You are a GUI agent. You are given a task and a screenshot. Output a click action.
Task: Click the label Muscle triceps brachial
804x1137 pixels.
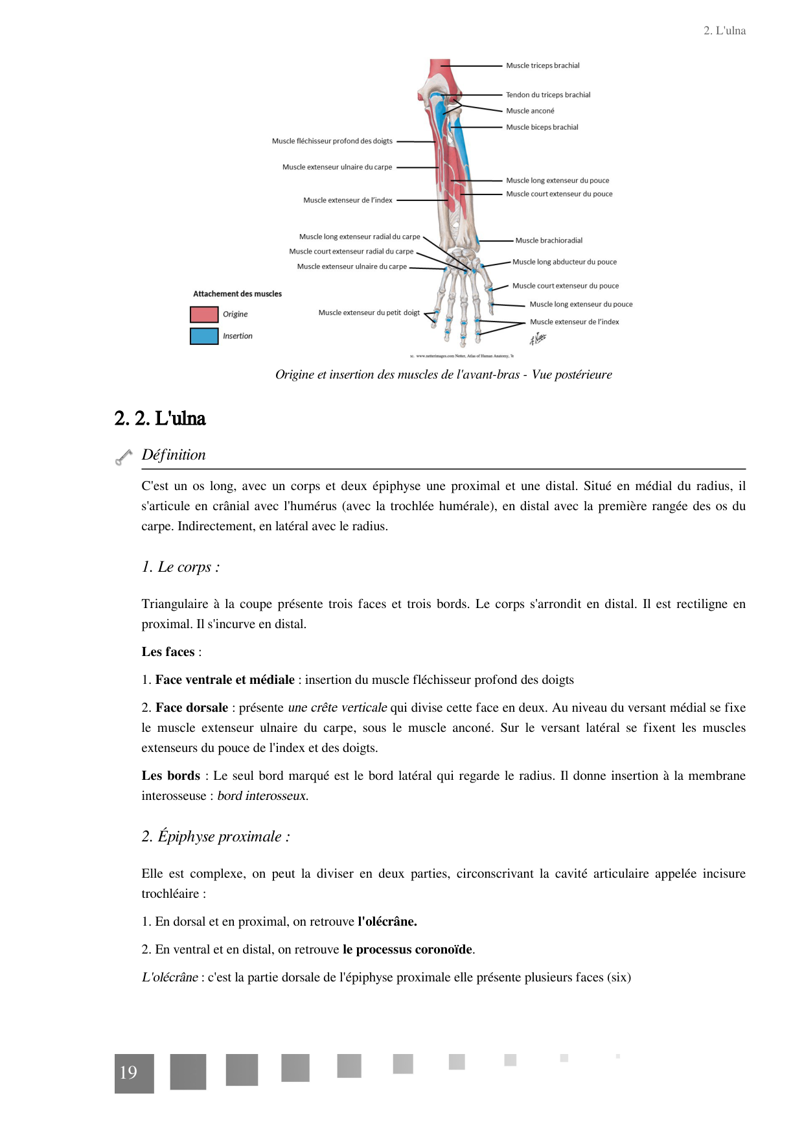pyautogui.click(x=542, y=65)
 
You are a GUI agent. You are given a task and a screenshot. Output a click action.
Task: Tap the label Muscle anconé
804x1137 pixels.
pyautogui.click(x=530, y=111)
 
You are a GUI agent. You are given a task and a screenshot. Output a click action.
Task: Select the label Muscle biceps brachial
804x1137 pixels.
pyautogui.click(x=542, y=127)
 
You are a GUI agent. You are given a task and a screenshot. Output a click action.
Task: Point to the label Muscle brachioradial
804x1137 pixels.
pyautogui.click(x=549, y=240)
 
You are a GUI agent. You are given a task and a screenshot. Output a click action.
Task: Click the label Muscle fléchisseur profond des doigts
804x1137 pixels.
pyautogui.click(x=332, y=141)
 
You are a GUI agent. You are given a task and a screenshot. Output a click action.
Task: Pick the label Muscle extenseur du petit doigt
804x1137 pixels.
pyautogui.click(x=369, y=312)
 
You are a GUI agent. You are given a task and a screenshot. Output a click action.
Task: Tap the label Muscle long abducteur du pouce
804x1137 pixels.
pyautogui.click(x=564, y=262)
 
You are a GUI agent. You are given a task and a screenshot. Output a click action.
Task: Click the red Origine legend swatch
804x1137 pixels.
pyautogui.click(x=204, y=314)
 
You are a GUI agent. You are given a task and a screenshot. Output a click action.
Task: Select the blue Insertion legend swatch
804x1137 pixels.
pyautogui.click(x=204, y=336)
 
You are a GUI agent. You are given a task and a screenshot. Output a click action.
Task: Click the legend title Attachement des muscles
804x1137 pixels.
pyautogui.click(x=237, y=294)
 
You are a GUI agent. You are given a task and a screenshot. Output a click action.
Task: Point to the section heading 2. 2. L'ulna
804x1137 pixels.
pyautogui.click(x=160, y=418)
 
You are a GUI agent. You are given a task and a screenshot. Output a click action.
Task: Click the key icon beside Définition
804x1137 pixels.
pyautogui.click(x=124, y=457)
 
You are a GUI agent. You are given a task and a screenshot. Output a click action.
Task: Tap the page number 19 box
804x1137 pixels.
pyautogui.click(x=134, y=1073)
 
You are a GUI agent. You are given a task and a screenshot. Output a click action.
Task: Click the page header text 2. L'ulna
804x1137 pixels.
pyautogui.click(x=724, y=30)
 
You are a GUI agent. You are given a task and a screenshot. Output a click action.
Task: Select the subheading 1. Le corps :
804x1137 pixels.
pyautogui.click(x=181, y=567)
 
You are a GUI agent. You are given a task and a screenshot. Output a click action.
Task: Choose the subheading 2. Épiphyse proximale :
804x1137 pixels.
pyautogui.click(x=216, y=836)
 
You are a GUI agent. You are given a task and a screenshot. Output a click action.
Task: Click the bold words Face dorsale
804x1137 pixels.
pyautogui.click(x=192, y=707)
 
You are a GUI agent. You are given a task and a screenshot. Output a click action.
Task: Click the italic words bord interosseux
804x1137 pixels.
pyautogui.click(x=262, y=795)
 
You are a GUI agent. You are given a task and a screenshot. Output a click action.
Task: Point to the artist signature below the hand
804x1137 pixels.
pyautogui.click(x=538, y=338)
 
